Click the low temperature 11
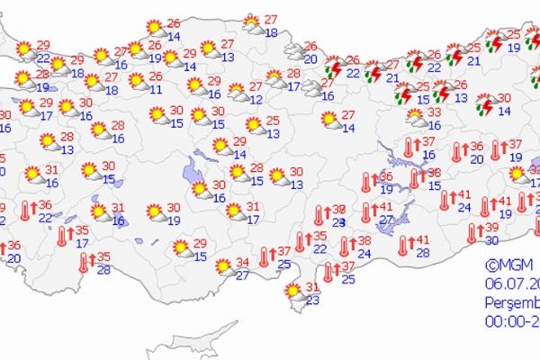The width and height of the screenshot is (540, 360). coord(156,89)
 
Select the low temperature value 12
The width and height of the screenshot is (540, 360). coord(256,99)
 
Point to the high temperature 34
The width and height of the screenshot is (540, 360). coord(242,263)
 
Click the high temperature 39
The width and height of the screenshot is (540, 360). coord(491,228)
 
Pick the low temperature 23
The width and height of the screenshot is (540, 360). coord(312,301)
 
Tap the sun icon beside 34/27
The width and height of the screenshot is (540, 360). coord(222,266)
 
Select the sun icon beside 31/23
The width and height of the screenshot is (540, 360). coord(292,292)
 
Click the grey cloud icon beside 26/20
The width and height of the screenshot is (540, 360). coord(292,51)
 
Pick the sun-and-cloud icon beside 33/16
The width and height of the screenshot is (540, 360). coord(415,117)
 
